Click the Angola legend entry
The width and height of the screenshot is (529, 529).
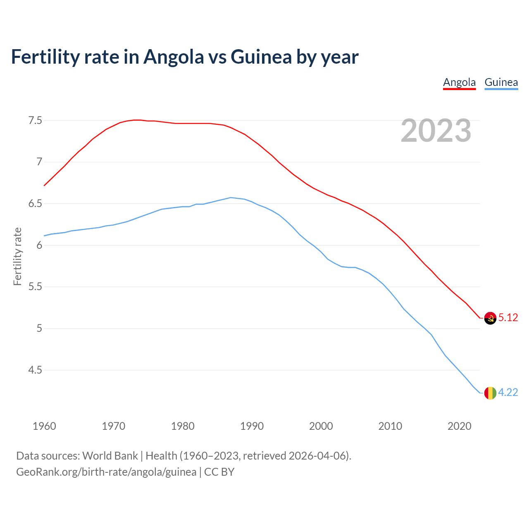tap(459, 82)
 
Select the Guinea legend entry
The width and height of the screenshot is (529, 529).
tap(501, 82)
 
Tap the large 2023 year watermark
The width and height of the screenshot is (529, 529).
tap(436, 131)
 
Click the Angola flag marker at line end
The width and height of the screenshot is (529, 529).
tap(490, 318)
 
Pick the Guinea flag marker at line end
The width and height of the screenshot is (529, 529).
tap(490, 393)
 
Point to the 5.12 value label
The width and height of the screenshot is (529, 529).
tap(508, 317)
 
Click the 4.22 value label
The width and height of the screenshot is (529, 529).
tap(508, 392)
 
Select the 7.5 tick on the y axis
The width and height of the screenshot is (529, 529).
tap(35, 121)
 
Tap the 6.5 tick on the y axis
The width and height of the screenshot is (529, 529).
tap(35, 204)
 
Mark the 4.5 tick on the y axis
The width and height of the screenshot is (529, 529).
tap(35, 370)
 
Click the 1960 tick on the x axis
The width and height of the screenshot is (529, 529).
tap(44, 426)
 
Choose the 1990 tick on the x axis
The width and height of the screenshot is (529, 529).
tap(252, 426)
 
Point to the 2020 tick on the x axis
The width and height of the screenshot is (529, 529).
tap(459, 426)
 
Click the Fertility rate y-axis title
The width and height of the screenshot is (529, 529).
tap(17, 256)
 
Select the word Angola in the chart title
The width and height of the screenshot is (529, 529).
tap(174, 57)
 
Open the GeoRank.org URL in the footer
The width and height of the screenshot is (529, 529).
tap(106, 472)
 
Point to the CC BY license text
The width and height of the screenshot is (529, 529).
tap(219, 472)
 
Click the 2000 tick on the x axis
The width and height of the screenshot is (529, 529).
tap(321, 426)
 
